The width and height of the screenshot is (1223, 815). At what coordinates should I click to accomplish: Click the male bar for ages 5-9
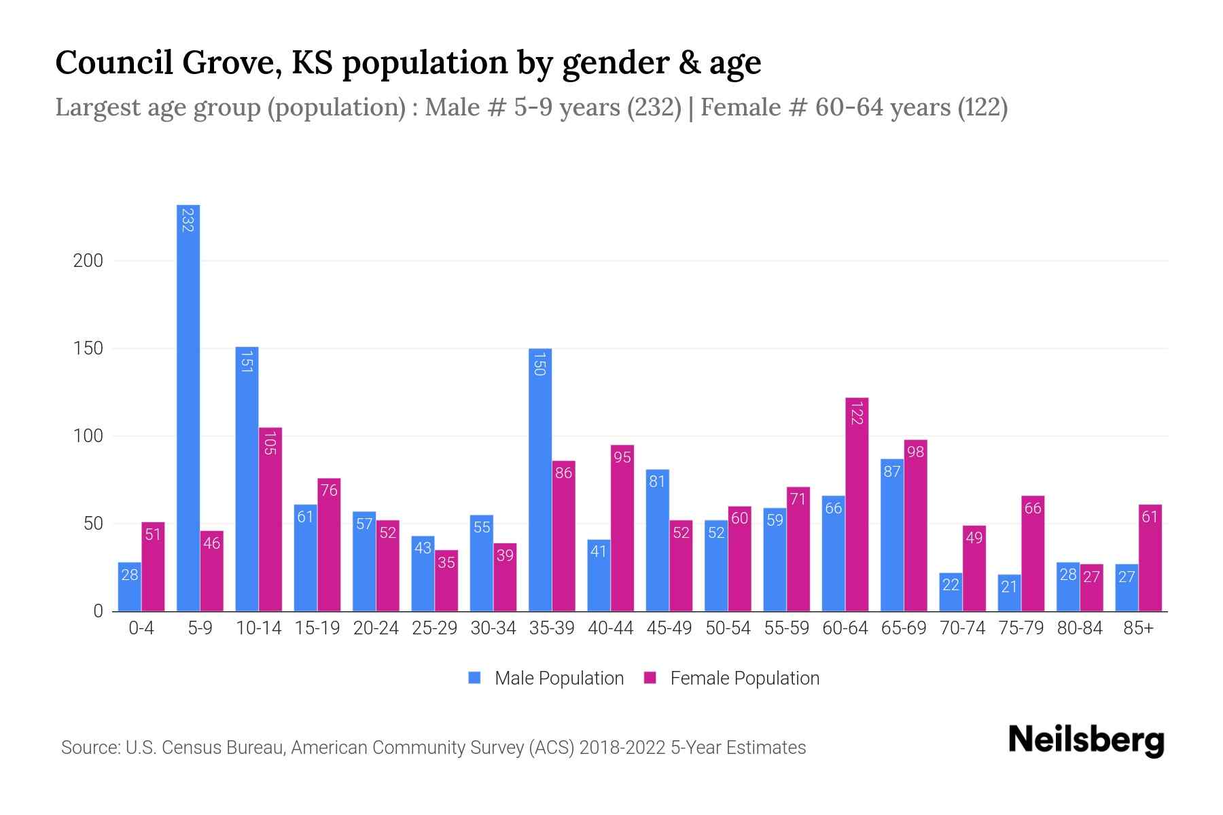188,407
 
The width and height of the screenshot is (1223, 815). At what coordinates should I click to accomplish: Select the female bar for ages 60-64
857,505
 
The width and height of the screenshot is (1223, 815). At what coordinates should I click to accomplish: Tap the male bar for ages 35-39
540,479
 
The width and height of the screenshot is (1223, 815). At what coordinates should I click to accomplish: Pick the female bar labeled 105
270,520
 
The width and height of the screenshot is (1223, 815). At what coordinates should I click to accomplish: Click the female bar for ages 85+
1150,558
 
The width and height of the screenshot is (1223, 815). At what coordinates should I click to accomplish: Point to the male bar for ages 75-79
1009,592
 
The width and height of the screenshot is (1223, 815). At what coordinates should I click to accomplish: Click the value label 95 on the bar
622,457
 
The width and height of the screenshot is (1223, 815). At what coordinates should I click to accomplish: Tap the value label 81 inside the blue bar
657,482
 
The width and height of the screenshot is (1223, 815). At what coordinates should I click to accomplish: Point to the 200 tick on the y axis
88,261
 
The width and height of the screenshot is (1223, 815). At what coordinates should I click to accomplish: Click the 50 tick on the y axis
93,524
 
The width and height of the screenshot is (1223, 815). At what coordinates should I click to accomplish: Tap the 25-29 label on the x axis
434,628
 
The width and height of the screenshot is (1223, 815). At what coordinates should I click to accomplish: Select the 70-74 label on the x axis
962,628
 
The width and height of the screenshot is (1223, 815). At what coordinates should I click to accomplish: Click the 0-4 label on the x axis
141,628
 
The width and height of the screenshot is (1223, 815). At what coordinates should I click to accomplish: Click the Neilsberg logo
1086,740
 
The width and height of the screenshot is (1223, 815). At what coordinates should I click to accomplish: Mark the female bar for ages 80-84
1091,587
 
